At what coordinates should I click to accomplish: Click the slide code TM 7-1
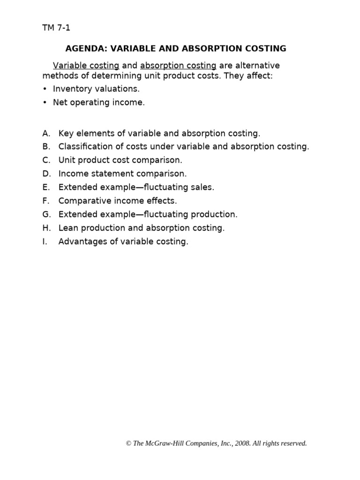pos(56,28)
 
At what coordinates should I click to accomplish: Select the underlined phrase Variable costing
pos(86,66)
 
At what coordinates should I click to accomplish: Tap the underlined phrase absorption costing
pos(178,66)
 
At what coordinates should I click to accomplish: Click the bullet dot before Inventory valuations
pos(45,89)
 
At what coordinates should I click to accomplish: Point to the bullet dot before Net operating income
pos(45,103)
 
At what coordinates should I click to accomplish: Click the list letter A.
pos(45,133)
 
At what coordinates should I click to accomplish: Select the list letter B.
pos(45,147)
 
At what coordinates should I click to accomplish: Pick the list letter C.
pos(45,160)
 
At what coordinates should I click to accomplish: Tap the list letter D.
pos(45,173)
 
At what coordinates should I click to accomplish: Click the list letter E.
pos(45,187)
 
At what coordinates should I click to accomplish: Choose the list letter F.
pos(45,201)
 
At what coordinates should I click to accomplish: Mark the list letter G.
pos(45,214)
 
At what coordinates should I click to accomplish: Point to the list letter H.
pos(45,228)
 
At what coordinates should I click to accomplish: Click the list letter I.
pos(45,242)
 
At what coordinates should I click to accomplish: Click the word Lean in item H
pos(67,228)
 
